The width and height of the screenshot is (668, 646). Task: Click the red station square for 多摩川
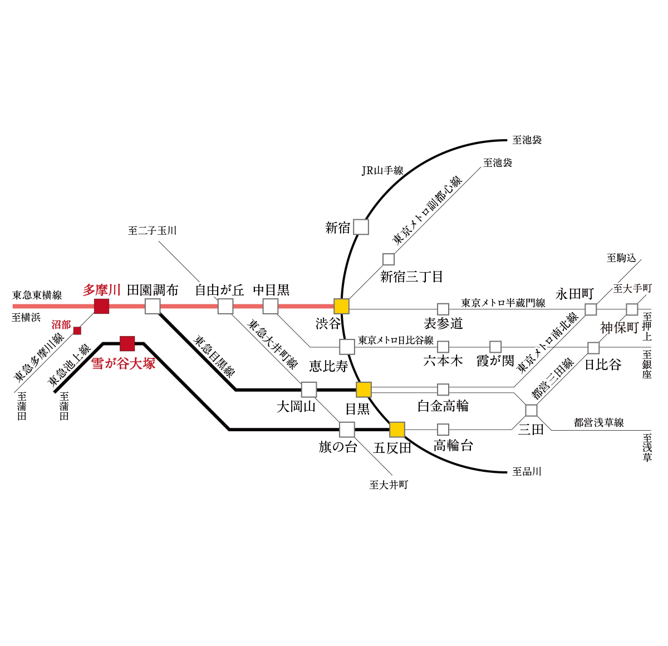[x=101, y=306]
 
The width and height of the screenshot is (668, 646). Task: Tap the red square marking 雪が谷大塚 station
[x=127, y=343]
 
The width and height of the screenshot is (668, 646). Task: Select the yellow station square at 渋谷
[x=341, y=306]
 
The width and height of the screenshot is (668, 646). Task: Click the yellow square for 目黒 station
[x=364, y=389]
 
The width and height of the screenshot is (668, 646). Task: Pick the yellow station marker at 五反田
[x=397, y=430]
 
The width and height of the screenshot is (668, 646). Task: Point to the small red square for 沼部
[x=77, y=331]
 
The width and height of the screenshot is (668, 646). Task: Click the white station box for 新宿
[x=361, y=227]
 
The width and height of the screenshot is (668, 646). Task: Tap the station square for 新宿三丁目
[x=389, y=259]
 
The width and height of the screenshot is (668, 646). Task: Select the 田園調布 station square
[x=153, y=306]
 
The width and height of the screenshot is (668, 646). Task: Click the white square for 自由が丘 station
[x=225, y=306]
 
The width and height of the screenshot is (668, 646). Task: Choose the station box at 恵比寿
[x=347, y=347]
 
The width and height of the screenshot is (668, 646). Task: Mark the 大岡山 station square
[x=309, y=389]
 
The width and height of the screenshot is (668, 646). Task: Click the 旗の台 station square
[x=347, y=430]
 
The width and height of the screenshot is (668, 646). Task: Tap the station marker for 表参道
[x=443, y=309]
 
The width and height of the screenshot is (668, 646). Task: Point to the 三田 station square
[x=531, y=410]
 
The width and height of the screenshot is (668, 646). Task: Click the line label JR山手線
[x=382, y=171]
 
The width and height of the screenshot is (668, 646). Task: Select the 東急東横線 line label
[x=37, y=295]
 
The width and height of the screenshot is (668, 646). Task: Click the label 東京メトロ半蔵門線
[x=503, y=303]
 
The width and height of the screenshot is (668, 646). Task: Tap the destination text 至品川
[x=527, y=471]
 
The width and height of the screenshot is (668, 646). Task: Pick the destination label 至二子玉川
[x=152, y=230]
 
